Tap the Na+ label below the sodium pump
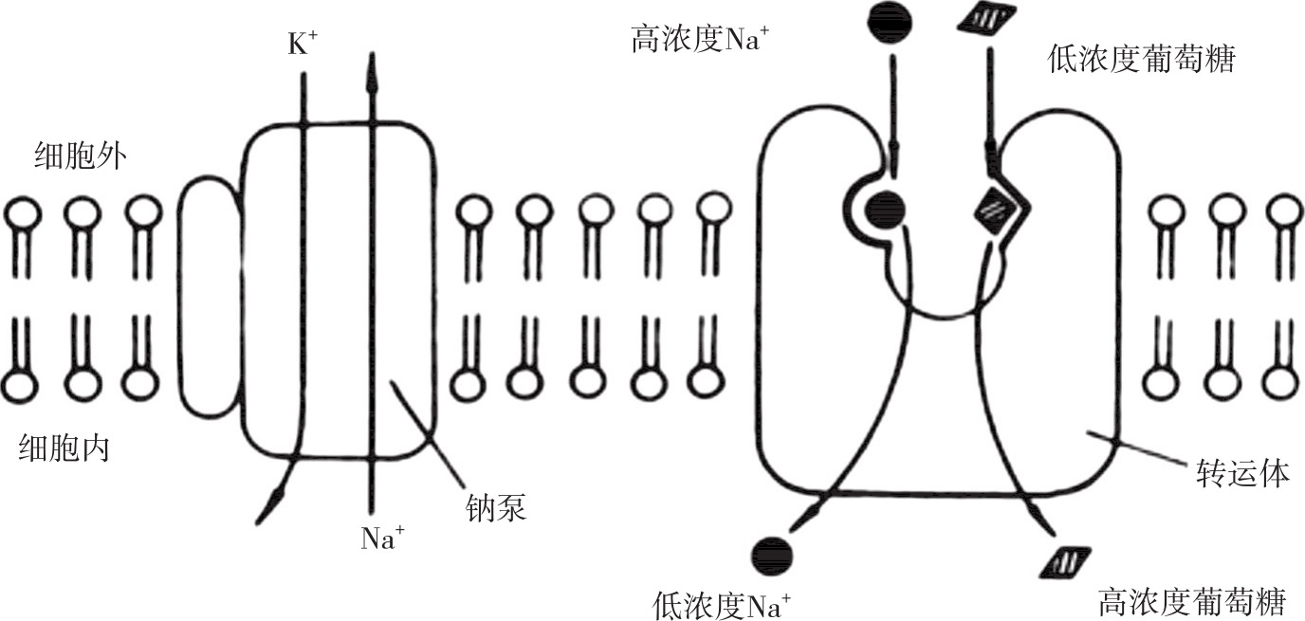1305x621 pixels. pos(383,539)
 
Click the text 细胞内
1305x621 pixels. pos(64,447)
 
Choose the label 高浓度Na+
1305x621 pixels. pos(700,41)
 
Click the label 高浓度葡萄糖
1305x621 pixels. pos(1191,601)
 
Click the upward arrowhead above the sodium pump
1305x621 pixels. pos(371,71)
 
